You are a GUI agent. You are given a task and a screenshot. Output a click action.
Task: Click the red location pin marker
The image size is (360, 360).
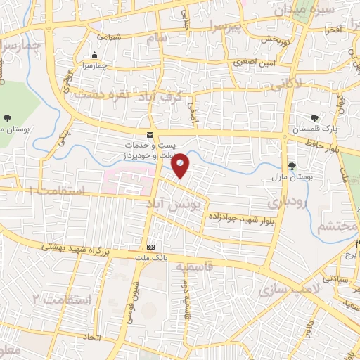point(181,165)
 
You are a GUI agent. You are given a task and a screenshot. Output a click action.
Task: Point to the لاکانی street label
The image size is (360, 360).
point(286,86)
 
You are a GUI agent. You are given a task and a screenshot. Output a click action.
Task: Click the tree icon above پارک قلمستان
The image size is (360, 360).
point(314,117)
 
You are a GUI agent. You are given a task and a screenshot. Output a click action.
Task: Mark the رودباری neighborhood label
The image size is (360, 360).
point(283,202)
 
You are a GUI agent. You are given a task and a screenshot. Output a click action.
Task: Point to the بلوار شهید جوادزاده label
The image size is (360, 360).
point(239,219)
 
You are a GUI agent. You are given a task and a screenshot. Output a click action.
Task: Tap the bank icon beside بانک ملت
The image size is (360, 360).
point(151,247)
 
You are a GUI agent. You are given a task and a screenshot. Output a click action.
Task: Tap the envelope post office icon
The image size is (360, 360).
point(149,134)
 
